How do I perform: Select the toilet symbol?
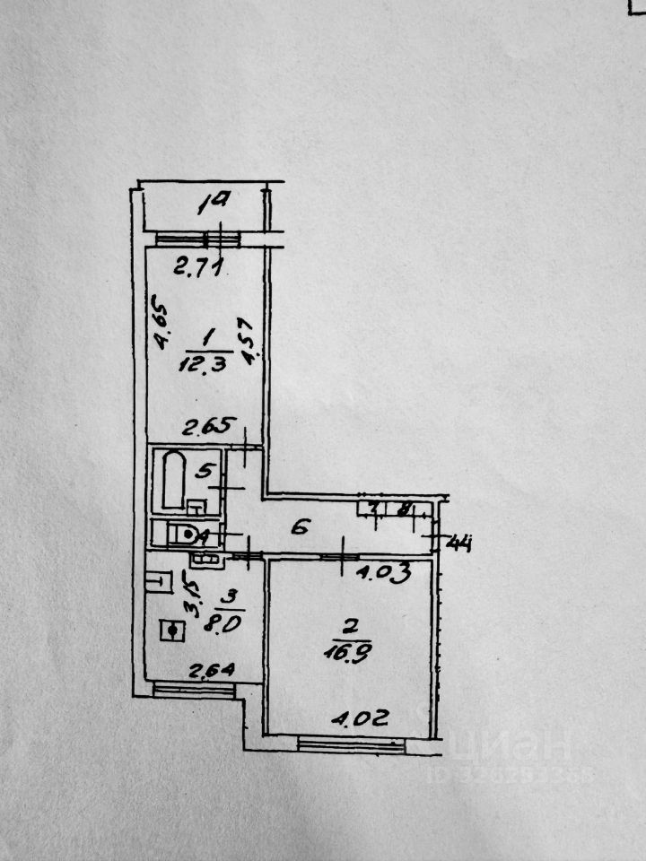click(x=183, y=535)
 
